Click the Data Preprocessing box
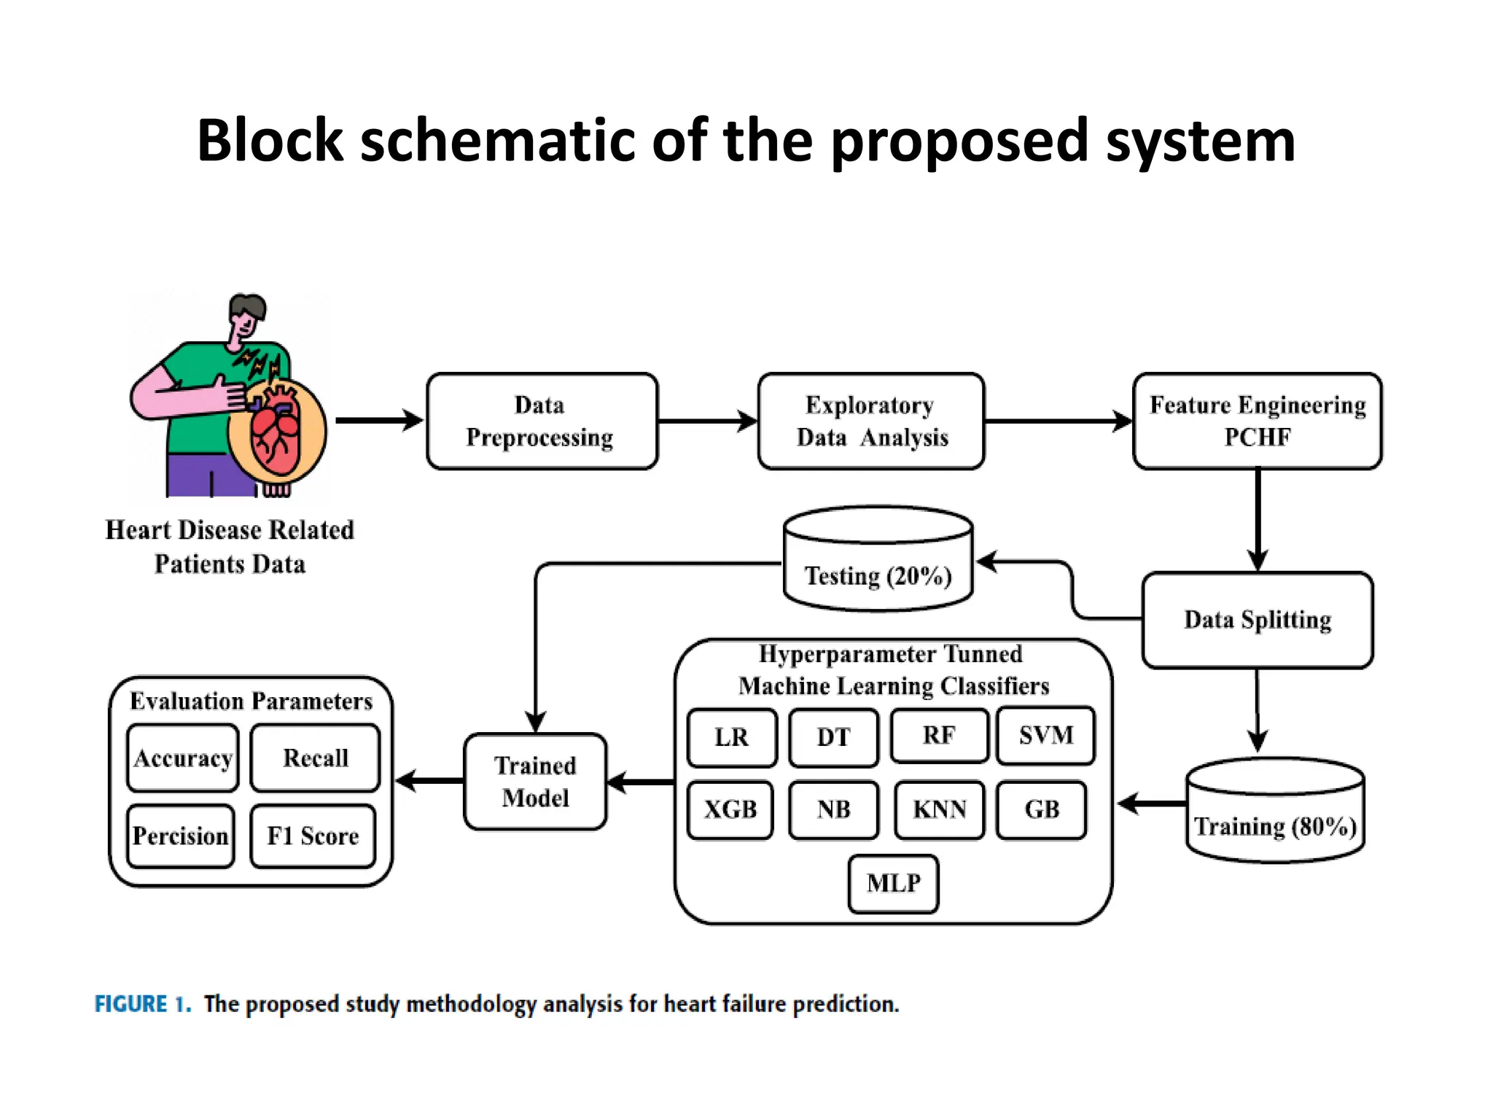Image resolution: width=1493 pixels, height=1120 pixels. click(542, 421)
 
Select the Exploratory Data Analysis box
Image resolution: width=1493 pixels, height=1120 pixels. click(870, 421)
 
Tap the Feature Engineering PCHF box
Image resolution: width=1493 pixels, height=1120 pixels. click(1257, 421)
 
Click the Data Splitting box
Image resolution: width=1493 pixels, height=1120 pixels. click(1257, 620)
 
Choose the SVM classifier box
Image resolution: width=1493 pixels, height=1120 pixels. click(1045, 735)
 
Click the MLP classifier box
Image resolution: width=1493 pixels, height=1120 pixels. click(893, 883)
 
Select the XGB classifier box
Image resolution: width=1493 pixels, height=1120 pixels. click(730, 809)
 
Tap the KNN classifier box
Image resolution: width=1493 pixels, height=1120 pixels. click(939, 809)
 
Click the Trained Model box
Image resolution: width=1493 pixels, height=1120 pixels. click(535, 781)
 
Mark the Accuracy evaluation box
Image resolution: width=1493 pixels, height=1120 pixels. click(182, 758)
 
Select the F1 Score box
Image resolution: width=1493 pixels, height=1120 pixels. click(313, 836)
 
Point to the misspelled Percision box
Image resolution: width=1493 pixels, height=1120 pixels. click(180, 836)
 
